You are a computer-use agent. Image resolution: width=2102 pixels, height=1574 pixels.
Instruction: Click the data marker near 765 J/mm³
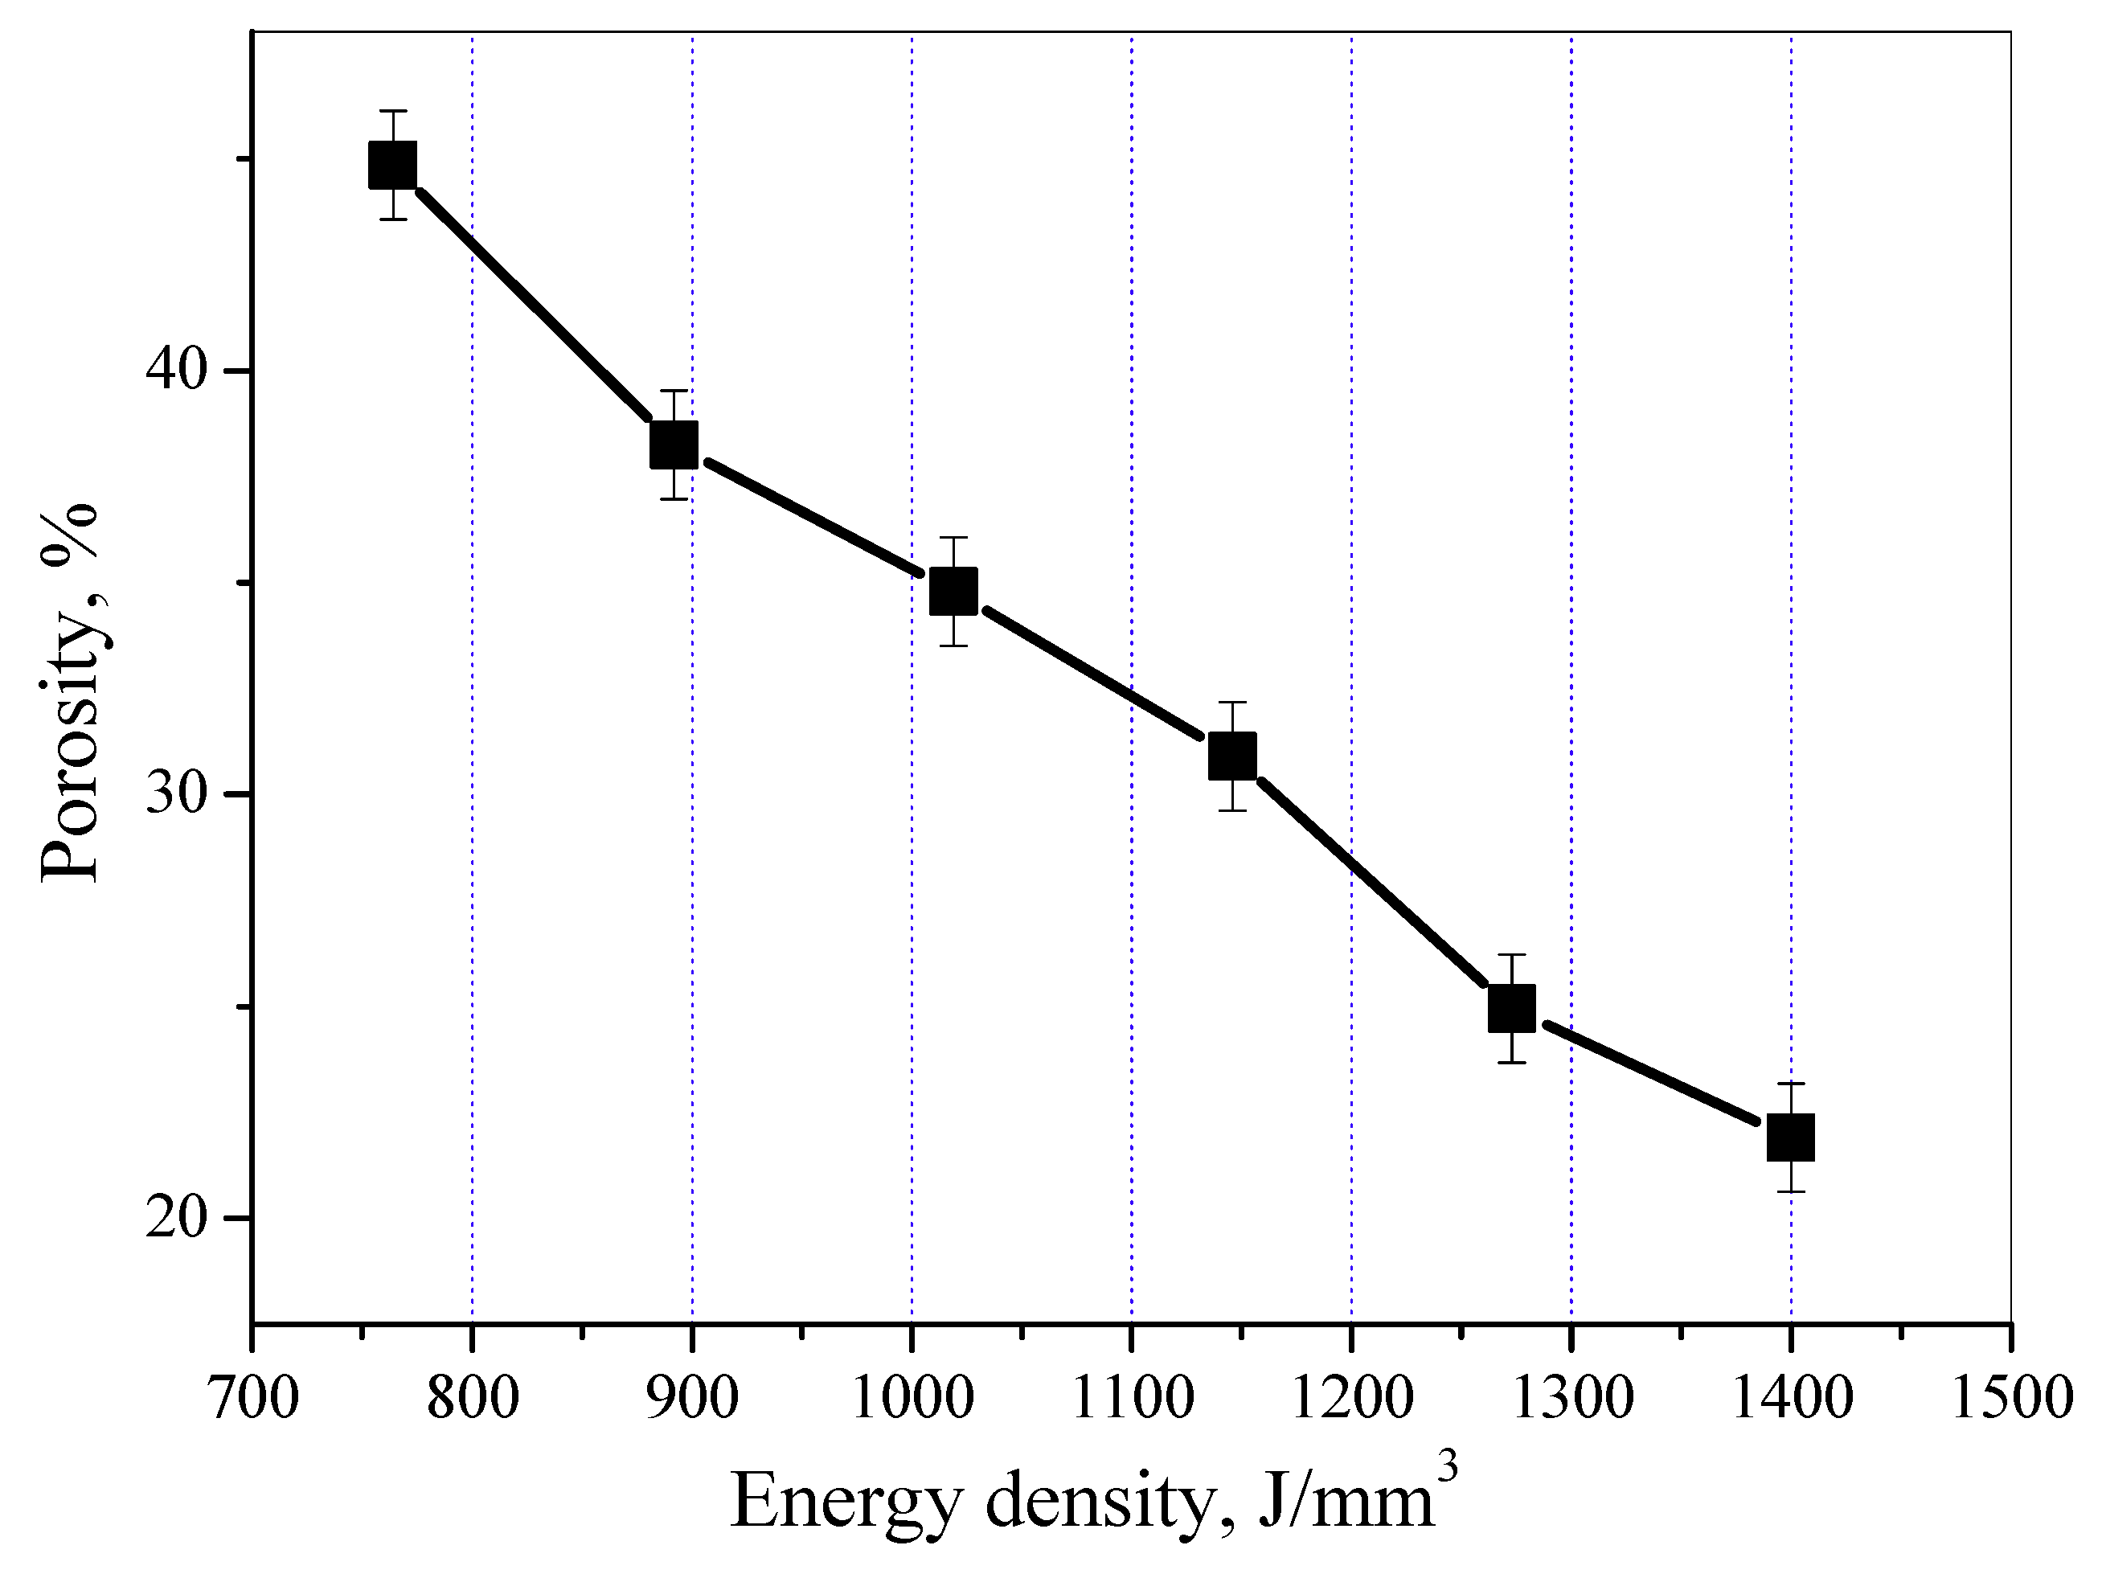[392, 166]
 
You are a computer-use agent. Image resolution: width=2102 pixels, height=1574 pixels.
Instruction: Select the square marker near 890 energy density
[674, 445]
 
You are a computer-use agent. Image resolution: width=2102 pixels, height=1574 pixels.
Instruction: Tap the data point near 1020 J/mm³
[953, 591]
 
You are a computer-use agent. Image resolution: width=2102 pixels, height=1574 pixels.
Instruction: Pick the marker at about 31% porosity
[1232, 756]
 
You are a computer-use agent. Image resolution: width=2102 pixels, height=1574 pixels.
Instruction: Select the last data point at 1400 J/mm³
[1790, 1137]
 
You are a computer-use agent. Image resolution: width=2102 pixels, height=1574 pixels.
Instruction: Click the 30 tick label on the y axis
[177, 793]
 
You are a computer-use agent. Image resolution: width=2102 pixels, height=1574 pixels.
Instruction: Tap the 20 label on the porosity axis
[177, 1218]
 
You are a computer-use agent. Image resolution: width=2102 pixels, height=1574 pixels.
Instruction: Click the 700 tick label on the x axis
[252, 1399]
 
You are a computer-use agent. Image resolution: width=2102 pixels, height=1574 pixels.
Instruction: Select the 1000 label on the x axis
[912, 1399]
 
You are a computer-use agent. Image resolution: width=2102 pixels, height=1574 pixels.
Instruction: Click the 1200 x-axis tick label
[1351, 1399]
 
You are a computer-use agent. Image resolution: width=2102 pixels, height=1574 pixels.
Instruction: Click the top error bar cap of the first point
[392, 111]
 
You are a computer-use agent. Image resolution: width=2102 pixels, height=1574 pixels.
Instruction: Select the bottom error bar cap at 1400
[1790, 1191]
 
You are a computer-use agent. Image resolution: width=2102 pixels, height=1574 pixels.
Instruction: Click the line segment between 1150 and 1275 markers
[1372, 882]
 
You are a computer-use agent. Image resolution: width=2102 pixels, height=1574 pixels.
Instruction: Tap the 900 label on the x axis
[692, 1399]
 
